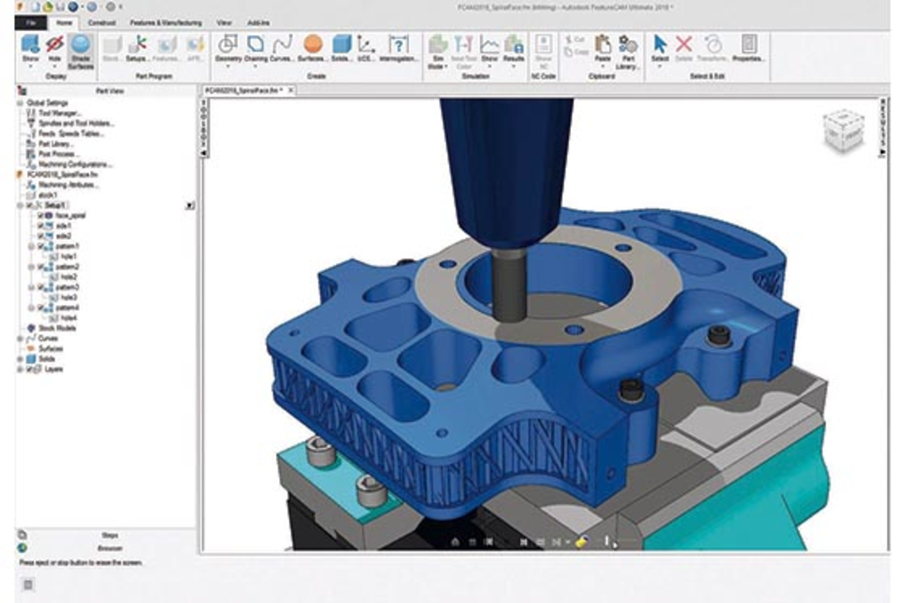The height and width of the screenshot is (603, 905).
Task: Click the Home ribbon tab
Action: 64,23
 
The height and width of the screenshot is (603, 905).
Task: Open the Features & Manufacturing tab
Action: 165,23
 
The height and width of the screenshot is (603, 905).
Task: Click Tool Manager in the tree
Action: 59,113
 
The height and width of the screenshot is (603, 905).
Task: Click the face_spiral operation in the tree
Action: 70,215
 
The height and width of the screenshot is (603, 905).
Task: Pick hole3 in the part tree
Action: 68,297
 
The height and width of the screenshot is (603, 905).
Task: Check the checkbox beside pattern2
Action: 41,267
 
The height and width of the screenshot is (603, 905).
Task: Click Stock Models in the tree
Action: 57,328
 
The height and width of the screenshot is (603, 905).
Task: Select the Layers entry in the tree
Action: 53,369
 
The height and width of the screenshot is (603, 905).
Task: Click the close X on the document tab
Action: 291,90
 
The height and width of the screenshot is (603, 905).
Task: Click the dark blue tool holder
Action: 507,165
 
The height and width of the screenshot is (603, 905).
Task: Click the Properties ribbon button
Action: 748,48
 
